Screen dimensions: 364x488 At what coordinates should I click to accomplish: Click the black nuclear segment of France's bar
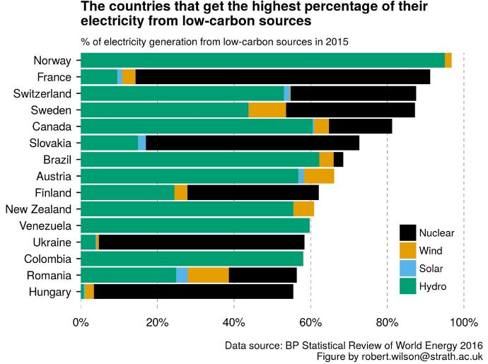283,77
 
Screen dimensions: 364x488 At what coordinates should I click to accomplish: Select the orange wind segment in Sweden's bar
267,110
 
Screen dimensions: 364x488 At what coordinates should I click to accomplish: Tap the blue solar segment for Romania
182,276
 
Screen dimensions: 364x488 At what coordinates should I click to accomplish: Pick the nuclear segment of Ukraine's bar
202,242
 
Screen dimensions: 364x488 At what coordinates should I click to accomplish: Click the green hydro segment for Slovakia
110,143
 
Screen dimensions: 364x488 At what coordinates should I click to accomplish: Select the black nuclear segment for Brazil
338,160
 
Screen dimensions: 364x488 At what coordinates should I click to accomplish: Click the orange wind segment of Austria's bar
319,177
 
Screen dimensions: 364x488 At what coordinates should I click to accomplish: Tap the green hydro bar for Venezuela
195,226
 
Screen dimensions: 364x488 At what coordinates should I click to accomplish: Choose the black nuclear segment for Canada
360,127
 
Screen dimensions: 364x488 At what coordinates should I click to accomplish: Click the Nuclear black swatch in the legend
407,233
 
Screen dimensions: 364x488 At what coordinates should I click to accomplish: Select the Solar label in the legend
431,269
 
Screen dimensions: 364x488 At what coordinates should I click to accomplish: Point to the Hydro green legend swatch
407,286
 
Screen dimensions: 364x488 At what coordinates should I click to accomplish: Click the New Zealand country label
38,209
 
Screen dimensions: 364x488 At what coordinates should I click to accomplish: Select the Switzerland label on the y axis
42,94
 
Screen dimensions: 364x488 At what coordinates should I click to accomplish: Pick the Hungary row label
50,292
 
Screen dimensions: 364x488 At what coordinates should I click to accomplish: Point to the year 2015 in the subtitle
336,42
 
